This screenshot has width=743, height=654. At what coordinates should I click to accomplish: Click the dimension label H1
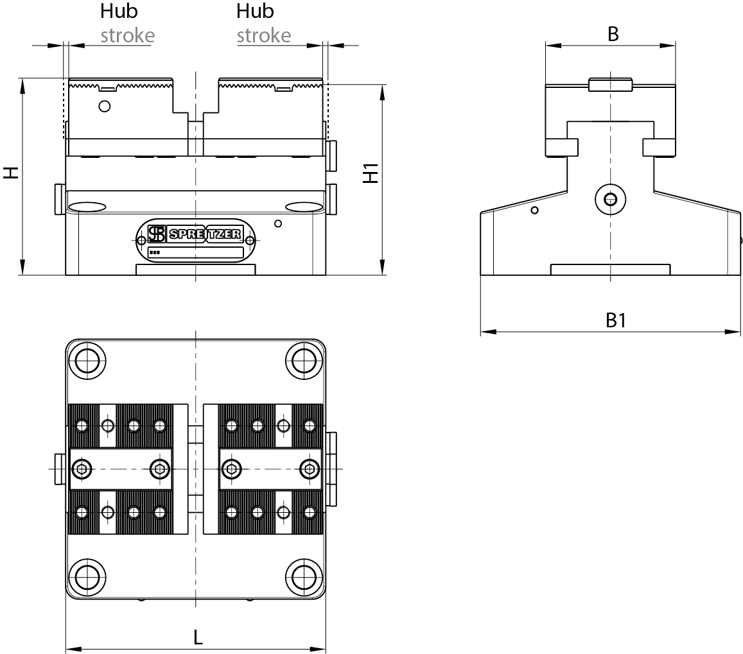click(x=371, y=173)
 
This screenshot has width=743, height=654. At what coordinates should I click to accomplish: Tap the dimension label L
click(x=198, y=637)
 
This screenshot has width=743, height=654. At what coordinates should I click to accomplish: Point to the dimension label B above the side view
click(x=613, y=35)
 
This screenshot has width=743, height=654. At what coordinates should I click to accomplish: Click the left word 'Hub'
click(x=119, y=12)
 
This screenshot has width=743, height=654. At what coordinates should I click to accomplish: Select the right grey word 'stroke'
click(x=263, y=35)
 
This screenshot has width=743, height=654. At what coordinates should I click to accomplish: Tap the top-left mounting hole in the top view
click(x=87, y=361)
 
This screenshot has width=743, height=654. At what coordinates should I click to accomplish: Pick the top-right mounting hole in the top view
click(x=304, y=361)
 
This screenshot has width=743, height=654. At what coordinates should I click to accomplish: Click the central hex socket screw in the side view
click(x=610, y=200)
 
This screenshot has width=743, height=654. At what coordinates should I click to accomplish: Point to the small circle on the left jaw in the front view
click(x=105, y=106)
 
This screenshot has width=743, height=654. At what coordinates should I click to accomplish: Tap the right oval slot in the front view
click(x=302, y=207)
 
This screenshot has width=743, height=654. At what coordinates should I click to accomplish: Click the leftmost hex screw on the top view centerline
click(x=81, y=469)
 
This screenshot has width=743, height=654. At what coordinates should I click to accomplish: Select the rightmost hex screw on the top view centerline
click(x=310, y=469)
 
